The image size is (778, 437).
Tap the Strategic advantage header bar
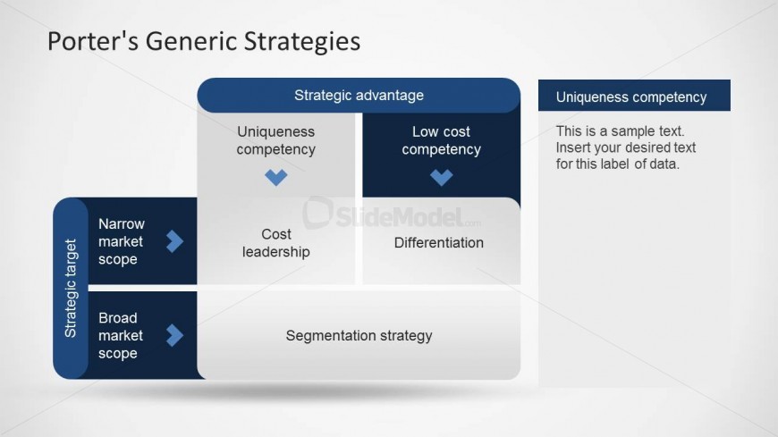click(x=359, y=96)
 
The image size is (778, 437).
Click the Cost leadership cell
click(x=275, y=242)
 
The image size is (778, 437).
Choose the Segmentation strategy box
click(x=359, y=335)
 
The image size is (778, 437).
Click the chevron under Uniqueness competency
click(x=275, y=177)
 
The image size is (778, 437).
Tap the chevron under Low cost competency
click(x=441, y=177)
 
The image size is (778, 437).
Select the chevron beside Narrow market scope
click(x=174, y=241)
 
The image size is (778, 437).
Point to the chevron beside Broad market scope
click(x=174, y=335)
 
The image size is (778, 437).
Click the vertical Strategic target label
click(x=71, y=288)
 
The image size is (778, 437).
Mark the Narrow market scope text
click(x=121, y=241)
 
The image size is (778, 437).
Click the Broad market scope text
click(x=121, y=335)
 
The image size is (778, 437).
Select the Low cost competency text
click(x=441, y=140)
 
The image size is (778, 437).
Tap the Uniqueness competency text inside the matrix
click(x=275, y=140)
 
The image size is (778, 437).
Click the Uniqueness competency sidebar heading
click(x=631, y=97)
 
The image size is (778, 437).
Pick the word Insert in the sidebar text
click(x=572, y=147)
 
